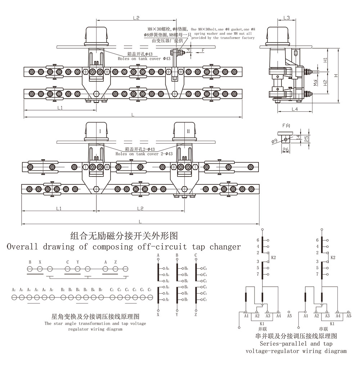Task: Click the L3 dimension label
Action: [287, 18]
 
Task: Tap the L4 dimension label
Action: [295, 108]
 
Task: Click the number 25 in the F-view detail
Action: [306, 139]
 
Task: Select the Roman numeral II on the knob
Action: [188, 132]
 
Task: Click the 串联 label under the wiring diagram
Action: [323, 329]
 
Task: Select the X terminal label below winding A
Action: [158, 314]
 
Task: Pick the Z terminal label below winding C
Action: [195, 314]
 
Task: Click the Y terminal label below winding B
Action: [177, 314]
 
